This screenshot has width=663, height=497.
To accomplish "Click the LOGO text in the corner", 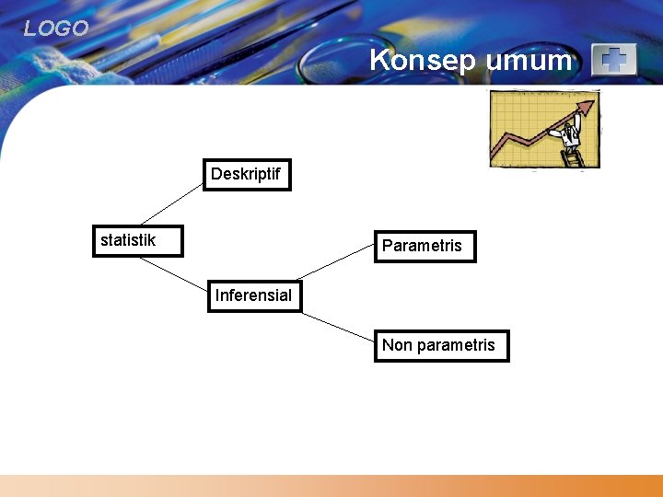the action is coord(56,29).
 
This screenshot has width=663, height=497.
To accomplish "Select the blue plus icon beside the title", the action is coord(613,61).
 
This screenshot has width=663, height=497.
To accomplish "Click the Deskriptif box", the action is coord(247,175).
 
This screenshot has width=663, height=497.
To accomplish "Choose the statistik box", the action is coord(137,241).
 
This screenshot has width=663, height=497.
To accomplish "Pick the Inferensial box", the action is coord(254,296).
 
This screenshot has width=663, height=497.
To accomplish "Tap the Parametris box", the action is coord(425,247).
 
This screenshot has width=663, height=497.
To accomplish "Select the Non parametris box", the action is coord(441,346).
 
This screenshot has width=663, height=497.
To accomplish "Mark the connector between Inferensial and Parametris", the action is coord(335,263).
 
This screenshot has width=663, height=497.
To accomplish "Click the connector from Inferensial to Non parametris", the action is coord(337,327).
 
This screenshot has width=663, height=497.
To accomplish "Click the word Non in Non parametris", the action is coord(397,346).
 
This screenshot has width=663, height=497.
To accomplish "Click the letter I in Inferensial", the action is coord(217,295).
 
